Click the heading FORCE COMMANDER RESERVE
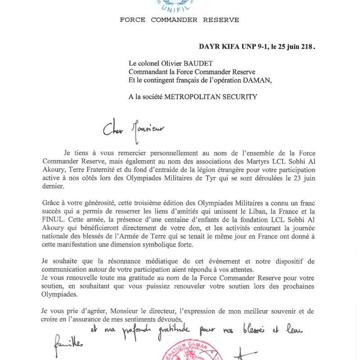[x=179, y=20]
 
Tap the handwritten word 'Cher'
[x=112, y=129]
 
